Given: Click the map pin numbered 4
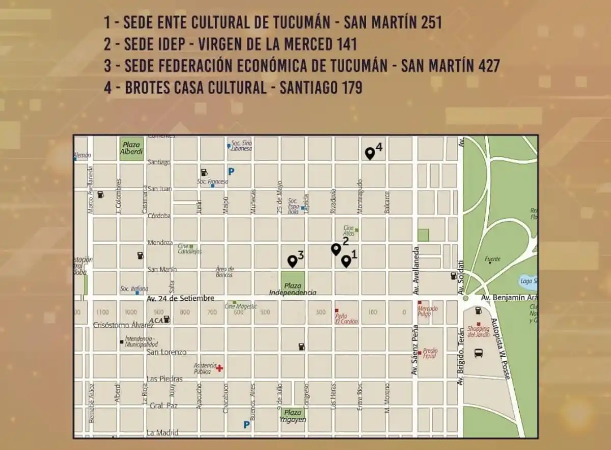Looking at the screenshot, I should [x=370, y=153].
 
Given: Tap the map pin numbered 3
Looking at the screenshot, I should [x=292, y=261].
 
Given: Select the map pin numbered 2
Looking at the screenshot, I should [x=336, y=249].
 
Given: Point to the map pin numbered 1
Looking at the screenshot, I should [x=346, y=261].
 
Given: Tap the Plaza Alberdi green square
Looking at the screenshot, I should [x=131, y=148].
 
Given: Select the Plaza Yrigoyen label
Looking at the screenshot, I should [x=293, y=416].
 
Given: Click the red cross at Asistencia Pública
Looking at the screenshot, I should [x=219, y=368].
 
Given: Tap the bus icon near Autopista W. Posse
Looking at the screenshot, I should [x=479, y=353].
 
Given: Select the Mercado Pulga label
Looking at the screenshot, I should [x=427, y=311].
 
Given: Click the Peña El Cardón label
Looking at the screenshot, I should [x=346, y=318].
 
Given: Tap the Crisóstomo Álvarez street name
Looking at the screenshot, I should [x=123, y=325].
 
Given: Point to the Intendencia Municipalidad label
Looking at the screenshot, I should [x=141, y=341].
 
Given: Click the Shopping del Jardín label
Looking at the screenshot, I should [x=478, y=331].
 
